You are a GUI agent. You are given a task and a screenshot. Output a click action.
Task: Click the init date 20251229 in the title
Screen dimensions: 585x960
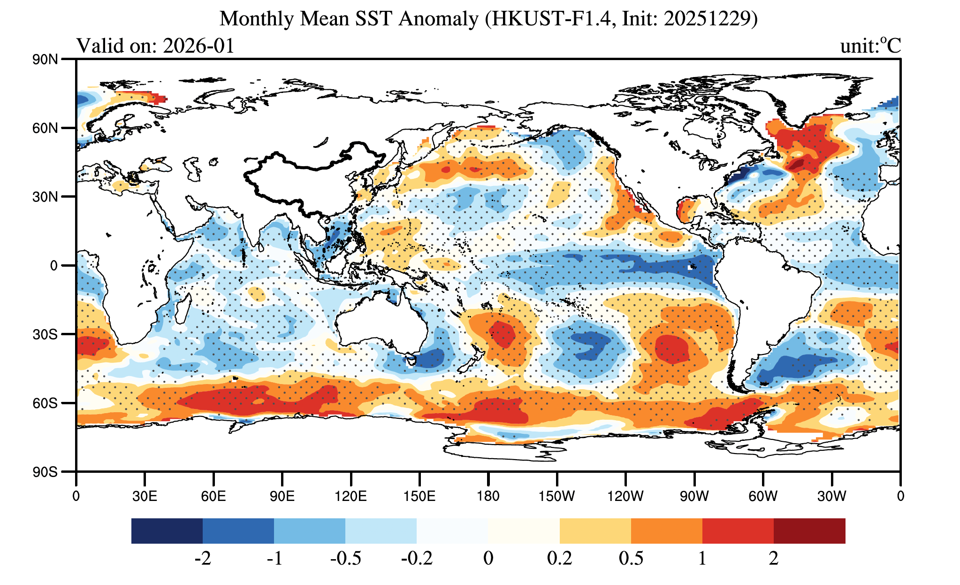[x=708, y=19]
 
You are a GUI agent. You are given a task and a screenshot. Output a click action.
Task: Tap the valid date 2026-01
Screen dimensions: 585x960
[x=198, y=46]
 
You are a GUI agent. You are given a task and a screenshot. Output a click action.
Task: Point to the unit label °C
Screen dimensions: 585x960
[x=890, y=46]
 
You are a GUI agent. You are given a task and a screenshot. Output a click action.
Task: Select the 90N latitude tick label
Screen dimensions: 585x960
[x=45, y=60]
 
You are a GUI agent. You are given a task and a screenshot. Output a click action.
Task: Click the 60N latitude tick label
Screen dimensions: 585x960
[x=45, y=128]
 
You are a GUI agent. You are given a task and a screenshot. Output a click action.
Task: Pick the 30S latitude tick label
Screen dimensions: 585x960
[x=45, y=334]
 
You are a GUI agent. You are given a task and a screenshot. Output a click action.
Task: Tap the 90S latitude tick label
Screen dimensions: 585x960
[x=45, y=472]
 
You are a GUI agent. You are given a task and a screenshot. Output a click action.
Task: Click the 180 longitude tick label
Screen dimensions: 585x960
[x=488, y=496]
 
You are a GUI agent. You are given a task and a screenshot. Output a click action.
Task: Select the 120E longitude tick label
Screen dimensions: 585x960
[x=350, y=496]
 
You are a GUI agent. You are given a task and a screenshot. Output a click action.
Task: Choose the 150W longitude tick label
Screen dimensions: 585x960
[x=556, y=496]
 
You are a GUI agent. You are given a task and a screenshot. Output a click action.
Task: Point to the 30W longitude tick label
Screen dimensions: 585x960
[x=831, y=496]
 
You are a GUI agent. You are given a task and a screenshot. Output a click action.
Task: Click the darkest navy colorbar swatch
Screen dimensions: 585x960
[x=167, y=531]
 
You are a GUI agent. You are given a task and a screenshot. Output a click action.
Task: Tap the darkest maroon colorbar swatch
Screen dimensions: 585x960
[x=809, y=531]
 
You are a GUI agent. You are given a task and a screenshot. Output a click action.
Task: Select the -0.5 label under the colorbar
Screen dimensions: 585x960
[x=346, y=558]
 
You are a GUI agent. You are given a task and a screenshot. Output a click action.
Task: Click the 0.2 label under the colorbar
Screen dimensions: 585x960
[x=560, y=558]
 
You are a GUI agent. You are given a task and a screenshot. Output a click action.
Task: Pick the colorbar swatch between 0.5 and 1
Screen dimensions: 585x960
[x=667, y=531]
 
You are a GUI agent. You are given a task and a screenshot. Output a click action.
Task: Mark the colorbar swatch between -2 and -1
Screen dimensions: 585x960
[x=238, y=531]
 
